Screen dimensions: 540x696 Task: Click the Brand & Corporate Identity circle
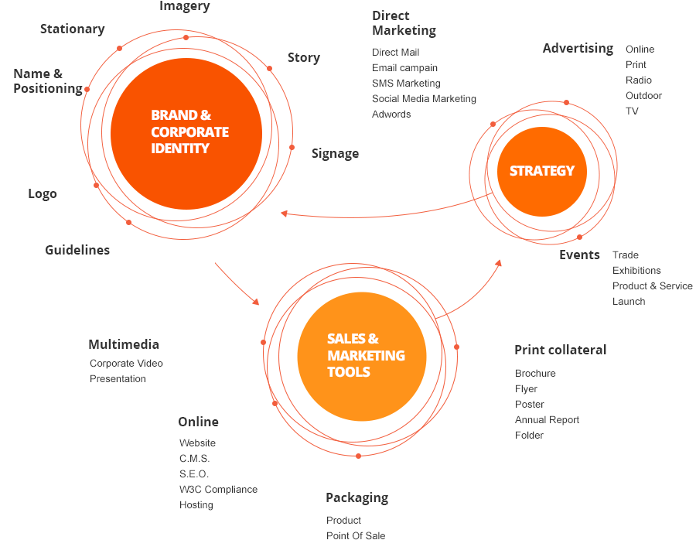pyautogui.click(x=186, y=133)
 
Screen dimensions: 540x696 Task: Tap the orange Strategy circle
pyautogui.click(x=541, y=171)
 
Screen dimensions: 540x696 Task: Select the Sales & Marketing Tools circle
pyautogui.click(x=361, y=356)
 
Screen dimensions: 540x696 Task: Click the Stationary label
pyautogui.click(x=72, y=29)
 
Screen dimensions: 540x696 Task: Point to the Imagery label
pyautogui.click(x=184, y=7)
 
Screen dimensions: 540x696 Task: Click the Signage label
pyautogui.click(x=335, y=153)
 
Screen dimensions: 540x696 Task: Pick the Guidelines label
pyautogui.click(x=77, y=250)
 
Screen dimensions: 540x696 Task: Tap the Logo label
pyautogui.click(x=43, y=193)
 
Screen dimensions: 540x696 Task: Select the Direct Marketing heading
pyautogui.click(x=404, y=23)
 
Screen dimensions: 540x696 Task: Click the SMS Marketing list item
pyautogui.click(x=406, y=84)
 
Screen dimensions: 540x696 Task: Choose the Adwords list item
pyautogui.click(x=391, y=114)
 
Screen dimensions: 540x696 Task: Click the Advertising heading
pyautogui.click(x=578, y=48)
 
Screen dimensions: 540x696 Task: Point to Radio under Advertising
pyautogui.click(x=639, y=80)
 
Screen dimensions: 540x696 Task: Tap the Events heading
pyautogui.click(x=579, y=255)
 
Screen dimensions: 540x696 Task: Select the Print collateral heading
pyautogui.click(x=560, y=350)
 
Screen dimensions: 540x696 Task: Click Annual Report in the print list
pyautogui.click(x=547, y=420)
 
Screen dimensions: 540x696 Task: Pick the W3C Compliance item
pyautogui.click(x=218, y=490)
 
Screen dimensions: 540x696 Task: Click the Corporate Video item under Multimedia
pyautogui.click(x=126, y=364)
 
